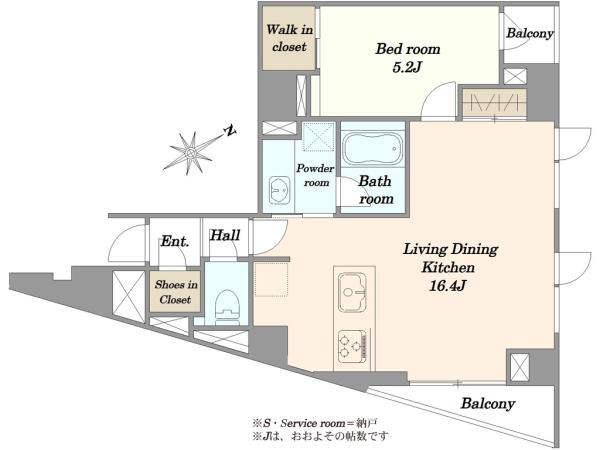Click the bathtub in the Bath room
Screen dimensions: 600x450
click(372, 148)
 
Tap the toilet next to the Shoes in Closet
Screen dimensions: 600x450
click(227, 305)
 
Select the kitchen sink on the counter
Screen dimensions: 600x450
click(352, 292)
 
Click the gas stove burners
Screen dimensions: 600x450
click(352, 346)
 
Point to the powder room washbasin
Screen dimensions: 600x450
click(280, 190)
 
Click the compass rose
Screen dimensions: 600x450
click(191, 153)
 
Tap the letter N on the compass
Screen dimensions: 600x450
click(230, 130)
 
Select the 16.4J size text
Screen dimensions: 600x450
click(447, 285)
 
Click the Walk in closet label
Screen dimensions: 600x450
click(289, 38)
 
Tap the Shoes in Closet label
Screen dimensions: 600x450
click(176, 292)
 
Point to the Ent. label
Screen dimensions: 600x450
click(174, 241)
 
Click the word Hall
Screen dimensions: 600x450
click(225, 235)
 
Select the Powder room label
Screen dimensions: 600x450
click(316, 175)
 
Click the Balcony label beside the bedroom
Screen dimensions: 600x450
click(530, 33)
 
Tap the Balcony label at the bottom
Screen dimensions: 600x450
click(488, 403)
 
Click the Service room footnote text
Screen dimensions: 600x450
click(315, 423)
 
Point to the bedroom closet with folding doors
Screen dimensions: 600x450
click(494, 103)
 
